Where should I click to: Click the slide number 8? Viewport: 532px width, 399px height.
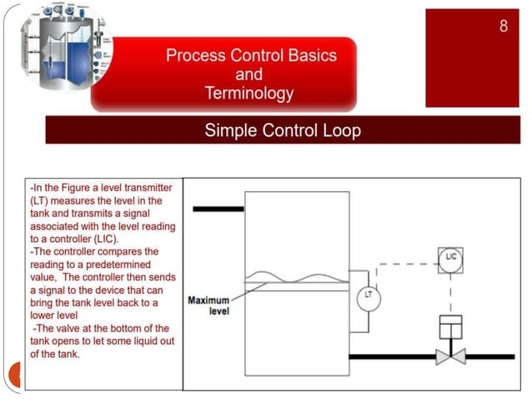503,26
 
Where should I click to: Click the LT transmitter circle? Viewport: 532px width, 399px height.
368,295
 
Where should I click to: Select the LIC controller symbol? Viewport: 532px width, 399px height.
450,256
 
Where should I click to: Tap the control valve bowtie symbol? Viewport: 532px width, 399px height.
450,356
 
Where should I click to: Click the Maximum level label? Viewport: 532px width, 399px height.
208,306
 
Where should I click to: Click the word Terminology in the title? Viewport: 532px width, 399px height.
249,93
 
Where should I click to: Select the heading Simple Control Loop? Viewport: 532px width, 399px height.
283,131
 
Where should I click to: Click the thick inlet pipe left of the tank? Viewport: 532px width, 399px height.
218,209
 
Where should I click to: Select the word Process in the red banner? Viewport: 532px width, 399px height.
195,56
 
